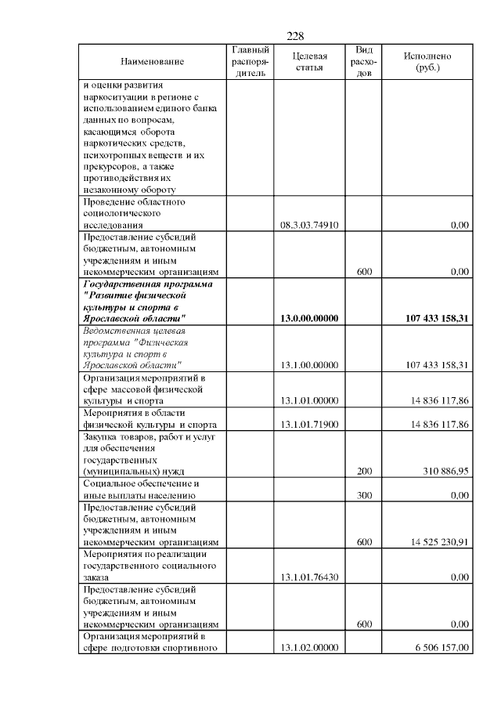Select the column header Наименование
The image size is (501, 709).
(x=153, y=61)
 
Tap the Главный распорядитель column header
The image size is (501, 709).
(x=250, y=61)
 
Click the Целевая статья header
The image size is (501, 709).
(x=309, y=61)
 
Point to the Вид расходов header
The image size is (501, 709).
(x=363, y=61)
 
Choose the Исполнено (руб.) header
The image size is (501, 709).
(x=427, y=61)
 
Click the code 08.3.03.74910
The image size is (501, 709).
(x=308, y=225)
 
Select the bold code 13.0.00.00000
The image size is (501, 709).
(x=308, y=319)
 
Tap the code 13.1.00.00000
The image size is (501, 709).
(x=308, y=365)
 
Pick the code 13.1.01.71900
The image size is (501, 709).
(x=308, y=425)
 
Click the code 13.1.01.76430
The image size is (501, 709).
(x=308, y=577)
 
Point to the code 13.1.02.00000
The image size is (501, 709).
(x=308, y=648)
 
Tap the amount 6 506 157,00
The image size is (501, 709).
(x=441, y=648)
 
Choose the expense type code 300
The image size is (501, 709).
(x=363, y=496)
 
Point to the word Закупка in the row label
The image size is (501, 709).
(x=99, y=436)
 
